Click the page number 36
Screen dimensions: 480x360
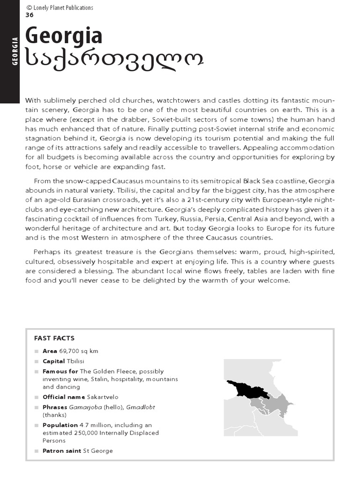tap(29, 15)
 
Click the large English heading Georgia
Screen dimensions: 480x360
tap(64, 37)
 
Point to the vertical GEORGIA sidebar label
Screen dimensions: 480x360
tap(15, 51)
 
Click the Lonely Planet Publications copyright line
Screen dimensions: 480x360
tap(60, 7)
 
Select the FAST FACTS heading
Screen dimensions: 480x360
tap(54, 338)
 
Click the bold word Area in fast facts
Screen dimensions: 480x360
tap(50, 351)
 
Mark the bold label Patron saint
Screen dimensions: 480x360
tap(62, 451)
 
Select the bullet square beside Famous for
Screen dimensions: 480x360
tap(37, 372)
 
